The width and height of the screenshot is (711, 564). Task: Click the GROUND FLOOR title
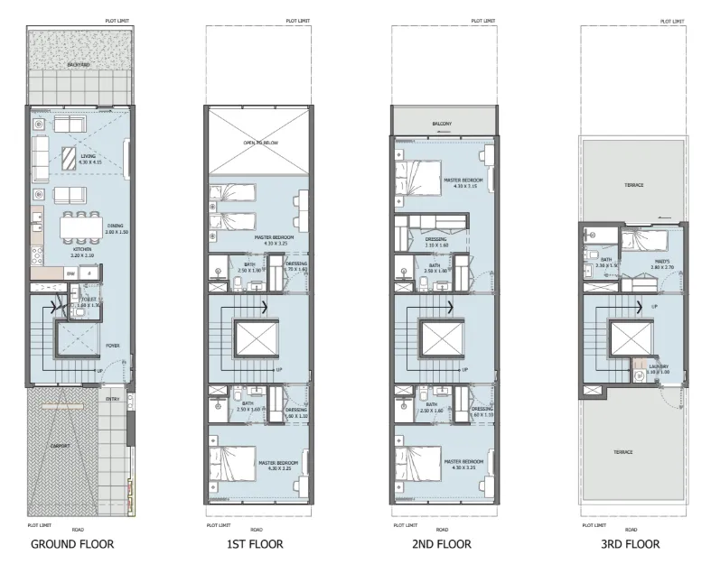click(x=72, y=544)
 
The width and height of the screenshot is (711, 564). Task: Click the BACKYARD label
click(x=78, y=66)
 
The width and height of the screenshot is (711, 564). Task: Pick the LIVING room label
click(x=89, y=156)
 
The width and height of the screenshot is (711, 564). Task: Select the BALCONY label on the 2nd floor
click(x=443, y=123)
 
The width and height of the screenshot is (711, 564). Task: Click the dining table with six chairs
click(x=80, y=227)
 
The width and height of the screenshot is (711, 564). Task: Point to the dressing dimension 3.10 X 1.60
click(x=436, y=245)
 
